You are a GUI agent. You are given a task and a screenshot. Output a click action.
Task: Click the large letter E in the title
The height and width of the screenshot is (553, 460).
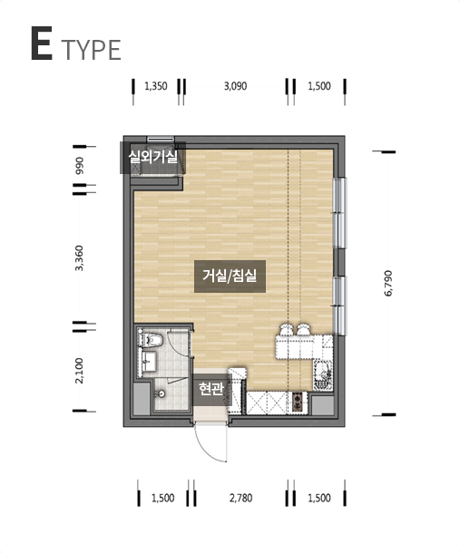[42, 44]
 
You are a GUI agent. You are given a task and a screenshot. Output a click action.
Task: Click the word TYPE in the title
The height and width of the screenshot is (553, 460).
[93, 50]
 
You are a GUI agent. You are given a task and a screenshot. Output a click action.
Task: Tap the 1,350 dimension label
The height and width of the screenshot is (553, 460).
[156, 86]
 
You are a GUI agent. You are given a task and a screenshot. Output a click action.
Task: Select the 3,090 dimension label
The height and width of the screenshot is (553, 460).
[236, 86]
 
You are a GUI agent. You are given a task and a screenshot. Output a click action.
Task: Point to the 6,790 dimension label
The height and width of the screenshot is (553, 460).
[388, 283]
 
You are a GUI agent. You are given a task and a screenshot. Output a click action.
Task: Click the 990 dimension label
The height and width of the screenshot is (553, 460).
[80, 165]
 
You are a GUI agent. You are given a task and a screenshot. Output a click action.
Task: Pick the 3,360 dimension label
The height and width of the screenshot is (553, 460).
[80, 257]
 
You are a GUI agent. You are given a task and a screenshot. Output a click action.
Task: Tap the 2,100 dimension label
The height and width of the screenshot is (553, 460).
[80, 371]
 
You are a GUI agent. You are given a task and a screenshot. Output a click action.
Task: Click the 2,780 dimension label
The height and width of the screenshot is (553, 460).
[240, 498]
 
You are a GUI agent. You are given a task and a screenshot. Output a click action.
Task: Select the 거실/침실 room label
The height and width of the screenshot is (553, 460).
[230, 276]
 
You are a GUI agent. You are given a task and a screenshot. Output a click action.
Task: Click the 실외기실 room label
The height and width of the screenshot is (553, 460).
[152, 158]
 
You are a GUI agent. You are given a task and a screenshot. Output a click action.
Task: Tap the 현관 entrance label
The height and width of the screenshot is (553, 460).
[211, 389]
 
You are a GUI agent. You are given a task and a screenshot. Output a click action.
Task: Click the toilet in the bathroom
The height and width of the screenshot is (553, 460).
[152, 339]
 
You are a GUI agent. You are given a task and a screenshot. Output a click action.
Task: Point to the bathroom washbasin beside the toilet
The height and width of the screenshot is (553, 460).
[150, 361]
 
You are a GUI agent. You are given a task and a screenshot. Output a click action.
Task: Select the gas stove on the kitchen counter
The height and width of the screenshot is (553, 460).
[297, 403]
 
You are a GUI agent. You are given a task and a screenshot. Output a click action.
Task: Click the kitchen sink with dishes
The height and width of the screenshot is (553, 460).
[323, 376]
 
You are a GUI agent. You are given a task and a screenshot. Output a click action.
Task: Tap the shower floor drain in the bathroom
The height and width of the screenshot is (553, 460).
[161, 393]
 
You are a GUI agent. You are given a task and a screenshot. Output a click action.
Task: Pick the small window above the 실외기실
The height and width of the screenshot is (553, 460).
[161, 139]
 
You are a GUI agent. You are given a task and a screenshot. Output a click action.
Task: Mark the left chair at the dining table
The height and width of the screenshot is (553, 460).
[286, 330]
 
